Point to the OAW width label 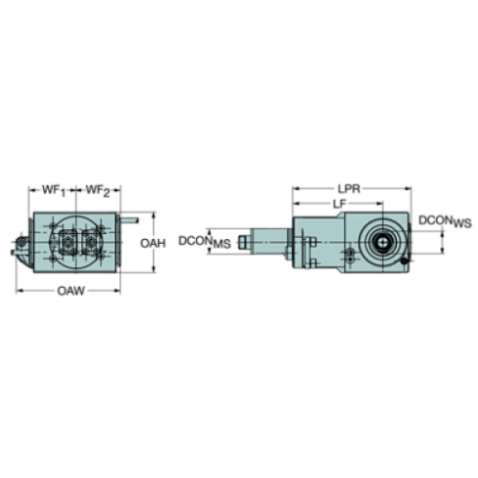68,291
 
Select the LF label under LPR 341,203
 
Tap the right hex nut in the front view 92,237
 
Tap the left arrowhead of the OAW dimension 19,291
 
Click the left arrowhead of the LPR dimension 294,189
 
